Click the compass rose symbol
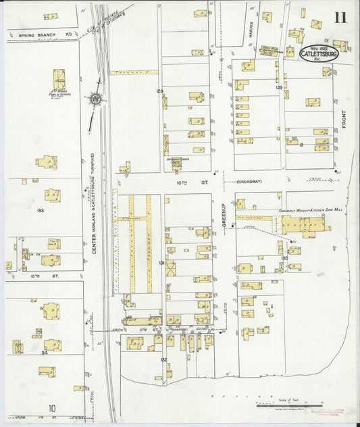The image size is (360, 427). point(97,100)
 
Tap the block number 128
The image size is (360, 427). point(160,91)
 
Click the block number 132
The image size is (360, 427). point(163,360)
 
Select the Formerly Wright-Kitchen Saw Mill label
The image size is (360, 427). point(304,211)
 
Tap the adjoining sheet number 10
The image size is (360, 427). point(52,408)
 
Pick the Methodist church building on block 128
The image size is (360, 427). point(176,161)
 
